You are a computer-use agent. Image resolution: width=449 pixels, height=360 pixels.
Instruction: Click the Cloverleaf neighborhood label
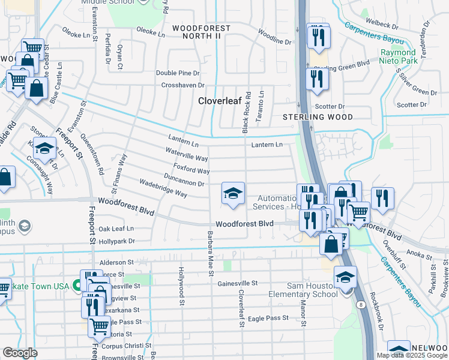(220, 101)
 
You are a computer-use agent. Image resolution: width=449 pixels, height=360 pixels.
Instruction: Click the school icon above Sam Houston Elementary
(345, 277)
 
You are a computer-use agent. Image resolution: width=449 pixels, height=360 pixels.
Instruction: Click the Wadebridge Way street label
(163, 188)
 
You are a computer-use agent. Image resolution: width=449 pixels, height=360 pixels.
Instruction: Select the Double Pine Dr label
(177, 73)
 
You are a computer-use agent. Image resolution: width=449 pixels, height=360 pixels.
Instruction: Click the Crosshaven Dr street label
(183, 85)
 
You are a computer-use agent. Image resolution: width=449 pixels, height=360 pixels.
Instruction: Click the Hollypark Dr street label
(117, 241)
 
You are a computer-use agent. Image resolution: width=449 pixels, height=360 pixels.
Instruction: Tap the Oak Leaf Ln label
(116, 229)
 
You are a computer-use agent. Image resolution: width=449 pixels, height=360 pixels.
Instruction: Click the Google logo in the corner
(20, 352)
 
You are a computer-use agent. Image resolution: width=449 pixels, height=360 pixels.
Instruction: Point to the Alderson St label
(116, 263)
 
